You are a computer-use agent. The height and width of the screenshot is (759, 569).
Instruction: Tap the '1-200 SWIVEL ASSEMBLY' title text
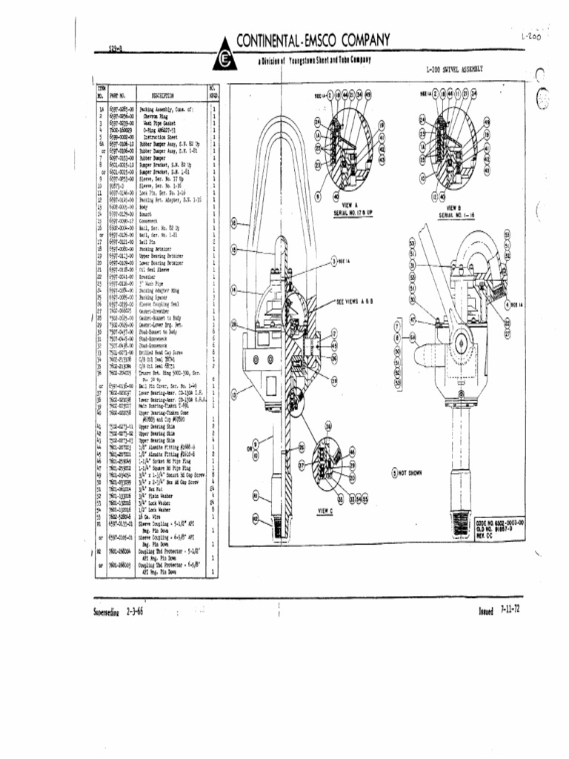tap(454, 69)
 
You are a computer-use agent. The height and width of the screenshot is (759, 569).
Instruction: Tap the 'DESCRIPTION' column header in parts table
tap(162, 96)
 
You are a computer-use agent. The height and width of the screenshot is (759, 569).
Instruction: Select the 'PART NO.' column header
tap(119, 96)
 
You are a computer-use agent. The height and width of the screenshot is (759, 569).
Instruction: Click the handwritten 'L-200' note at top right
tap(530, 36)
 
